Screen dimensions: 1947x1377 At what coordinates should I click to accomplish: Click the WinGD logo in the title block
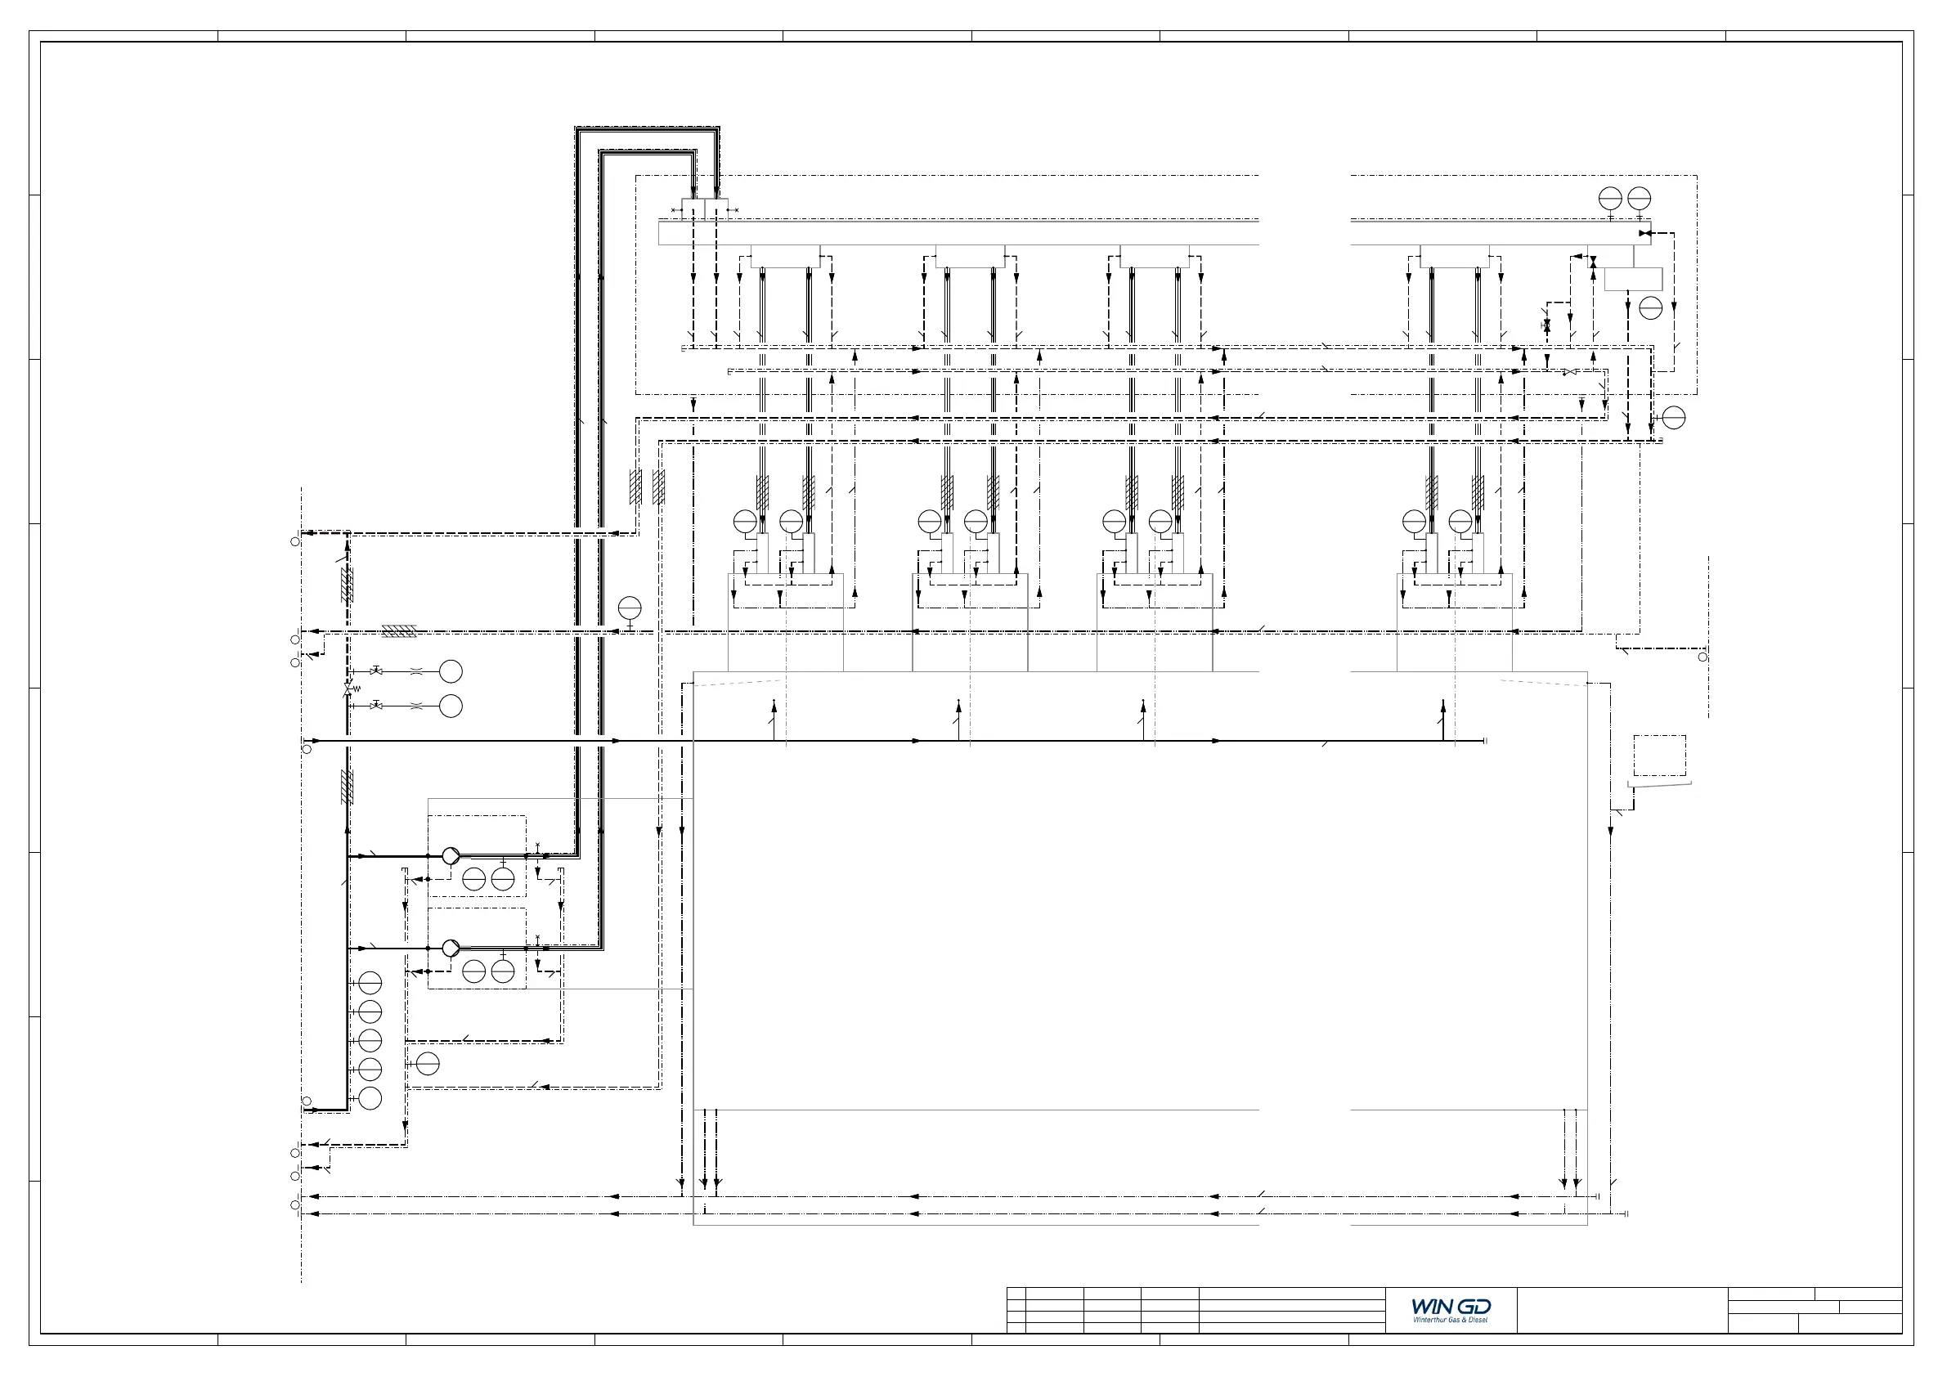click(1451, 1307)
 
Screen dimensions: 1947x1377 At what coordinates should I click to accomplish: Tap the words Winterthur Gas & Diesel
click(1451, 1319)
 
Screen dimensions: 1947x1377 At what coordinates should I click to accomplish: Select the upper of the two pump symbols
click(451, 855)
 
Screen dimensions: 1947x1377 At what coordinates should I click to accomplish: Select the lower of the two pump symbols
click(451, 948)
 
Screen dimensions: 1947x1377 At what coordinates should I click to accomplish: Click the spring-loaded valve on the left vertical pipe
click(348, 688)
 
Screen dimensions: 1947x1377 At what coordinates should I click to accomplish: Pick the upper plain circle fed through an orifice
click(451, 671)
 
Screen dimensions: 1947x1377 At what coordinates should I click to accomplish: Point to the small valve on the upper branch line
click(375, 671)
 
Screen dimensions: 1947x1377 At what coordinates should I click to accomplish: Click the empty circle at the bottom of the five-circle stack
click(370, 1098)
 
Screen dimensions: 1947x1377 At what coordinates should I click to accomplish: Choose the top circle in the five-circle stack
click(370, 983)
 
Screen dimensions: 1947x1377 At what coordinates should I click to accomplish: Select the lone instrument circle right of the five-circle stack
click(428, 1063)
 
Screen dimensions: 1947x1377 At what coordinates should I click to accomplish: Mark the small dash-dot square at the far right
click(1659, 755)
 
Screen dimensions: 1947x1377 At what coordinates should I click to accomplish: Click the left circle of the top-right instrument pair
click(1610, 199)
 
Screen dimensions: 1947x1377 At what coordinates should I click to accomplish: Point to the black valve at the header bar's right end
click(1644, 232)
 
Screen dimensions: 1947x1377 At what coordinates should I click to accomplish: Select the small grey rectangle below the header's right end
click(1633, 279)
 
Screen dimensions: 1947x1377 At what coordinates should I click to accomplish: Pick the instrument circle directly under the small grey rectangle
click(1651, 307)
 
